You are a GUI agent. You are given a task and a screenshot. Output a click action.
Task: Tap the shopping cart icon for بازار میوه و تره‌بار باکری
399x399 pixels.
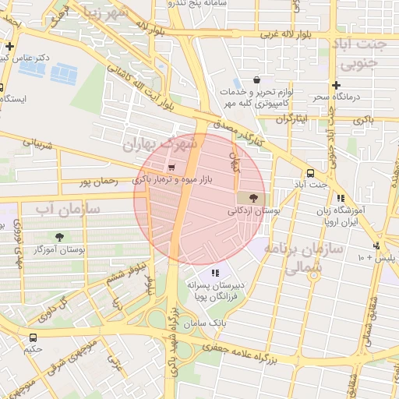tap(171, 166)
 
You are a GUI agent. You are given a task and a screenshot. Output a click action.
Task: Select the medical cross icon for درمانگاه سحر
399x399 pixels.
tap(335, 85)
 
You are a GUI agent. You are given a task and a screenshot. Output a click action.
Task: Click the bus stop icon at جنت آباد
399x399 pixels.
tap(311, 173)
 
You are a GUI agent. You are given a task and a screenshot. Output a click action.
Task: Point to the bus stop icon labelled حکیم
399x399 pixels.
tap(33, 337)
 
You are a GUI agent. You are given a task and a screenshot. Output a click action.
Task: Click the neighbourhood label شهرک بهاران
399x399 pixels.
tap(161, 143)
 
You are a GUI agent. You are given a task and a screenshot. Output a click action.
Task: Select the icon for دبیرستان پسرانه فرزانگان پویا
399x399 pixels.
tap(216, 273)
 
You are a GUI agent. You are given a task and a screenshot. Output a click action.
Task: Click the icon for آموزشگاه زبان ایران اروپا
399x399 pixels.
tap(341, 198)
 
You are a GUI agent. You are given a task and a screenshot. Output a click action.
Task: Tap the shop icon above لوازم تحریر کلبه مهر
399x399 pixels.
tap(256, 79)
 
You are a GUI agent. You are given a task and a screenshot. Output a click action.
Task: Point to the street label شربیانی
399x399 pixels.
tap(37, 146)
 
